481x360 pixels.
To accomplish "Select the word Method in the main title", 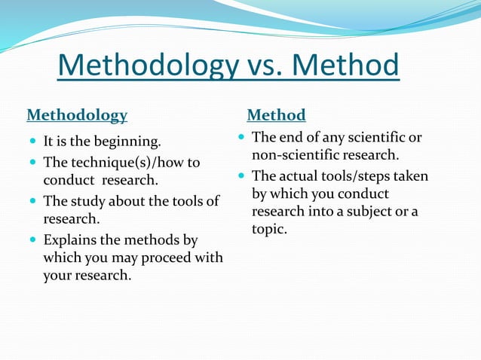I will [345, 66].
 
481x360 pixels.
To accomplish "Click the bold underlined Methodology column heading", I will [77, 115].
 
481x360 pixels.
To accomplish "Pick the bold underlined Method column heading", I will [277, 115].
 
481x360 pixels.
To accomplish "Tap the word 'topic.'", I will [269, 229].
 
